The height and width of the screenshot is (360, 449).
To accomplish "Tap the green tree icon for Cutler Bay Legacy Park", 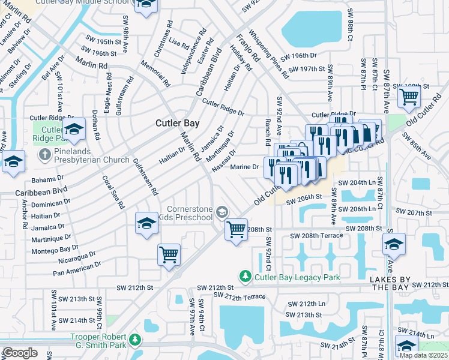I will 245,277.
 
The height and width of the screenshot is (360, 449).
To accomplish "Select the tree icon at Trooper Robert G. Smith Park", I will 136,341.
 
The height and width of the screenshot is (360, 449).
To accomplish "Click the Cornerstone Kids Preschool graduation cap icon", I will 222,211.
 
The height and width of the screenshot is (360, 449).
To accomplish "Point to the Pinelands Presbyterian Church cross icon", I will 44,155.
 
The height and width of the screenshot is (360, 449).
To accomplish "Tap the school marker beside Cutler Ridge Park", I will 74,129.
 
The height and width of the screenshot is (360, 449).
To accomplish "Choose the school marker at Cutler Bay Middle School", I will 144,5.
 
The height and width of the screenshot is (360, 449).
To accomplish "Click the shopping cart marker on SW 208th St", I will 237,229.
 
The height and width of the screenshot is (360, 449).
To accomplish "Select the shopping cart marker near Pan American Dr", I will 169,254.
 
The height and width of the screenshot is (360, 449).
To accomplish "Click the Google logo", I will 20,353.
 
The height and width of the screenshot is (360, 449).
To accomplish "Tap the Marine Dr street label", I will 245,167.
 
